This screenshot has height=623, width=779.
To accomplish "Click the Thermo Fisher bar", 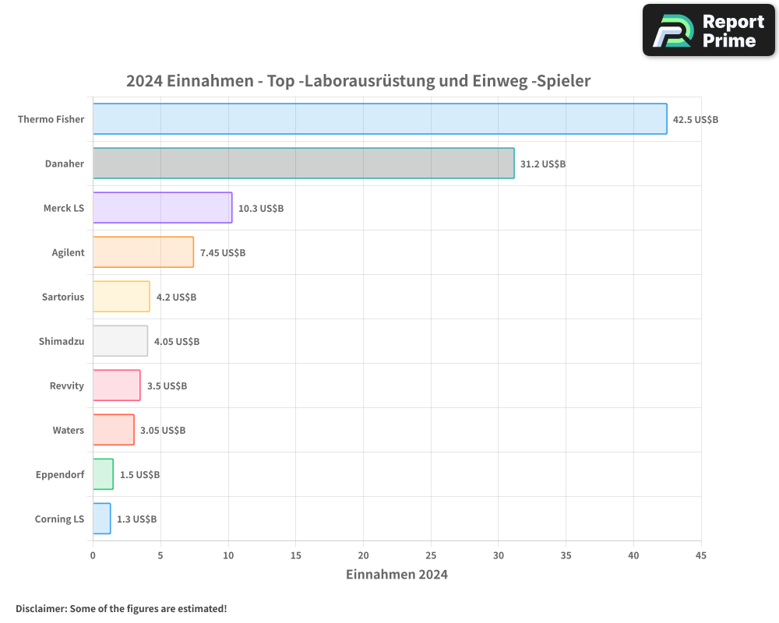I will click(x=379, y=119).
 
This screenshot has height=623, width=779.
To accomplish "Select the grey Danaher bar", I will click(x=303, y=164).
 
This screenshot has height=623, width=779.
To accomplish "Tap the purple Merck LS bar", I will click(x=162, y=208).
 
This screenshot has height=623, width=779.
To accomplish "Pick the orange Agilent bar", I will click(x=143, y=252).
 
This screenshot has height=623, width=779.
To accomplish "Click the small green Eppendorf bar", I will click(x=103, y=474).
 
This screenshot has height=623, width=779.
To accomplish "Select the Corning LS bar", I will click(x=101, y=519).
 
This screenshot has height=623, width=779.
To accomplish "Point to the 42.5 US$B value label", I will click(x=696, y=119).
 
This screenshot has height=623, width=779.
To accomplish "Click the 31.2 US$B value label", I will click(x=543, y=164).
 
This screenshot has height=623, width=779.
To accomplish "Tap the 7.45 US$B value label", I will click(x=223, y=252).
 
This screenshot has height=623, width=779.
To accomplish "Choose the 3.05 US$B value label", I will click(x=163, y=430).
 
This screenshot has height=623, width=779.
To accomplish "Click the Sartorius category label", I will click(x=63, y=297).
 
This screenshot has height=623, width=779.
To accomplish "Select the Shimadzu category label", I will click(x=62, y=341).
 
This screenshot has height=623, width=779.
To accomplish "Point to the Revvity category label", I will click(x=66, y=385).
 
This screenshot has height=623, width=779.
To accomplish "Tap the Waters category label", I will click(x=69, y=430).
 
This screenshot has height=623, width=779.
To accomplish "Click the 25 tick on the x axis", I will click(x=431, y=555).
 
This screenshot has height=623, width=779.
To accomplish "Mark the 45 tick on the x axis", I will click(x=701, y=555).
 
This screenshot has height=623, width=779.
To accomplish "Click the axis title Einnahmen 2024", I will click(x=397, y=575).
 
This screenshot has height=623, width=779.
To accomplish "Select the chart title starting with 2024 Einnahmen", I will click(x=358, y=81).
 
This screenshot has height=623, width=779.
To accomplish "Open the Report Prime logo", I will click(x=709, y=30).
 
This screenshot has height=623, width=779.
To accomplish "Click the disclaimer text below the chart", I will click(x=122, y=608).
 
